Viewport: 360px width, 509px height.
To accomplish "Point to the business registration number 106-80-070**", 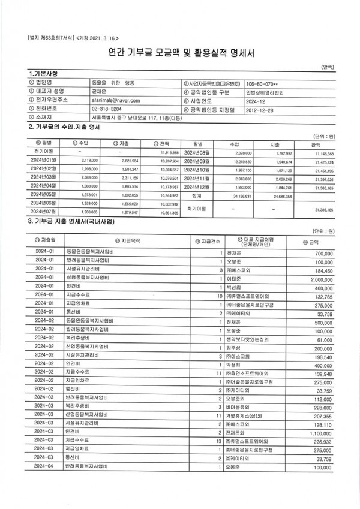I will [260, 83].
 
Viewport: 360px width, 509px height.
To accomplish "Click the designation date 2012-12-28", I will [254, 110].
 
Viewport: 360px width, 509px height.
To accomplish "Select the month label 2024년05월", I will [46, 195].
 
